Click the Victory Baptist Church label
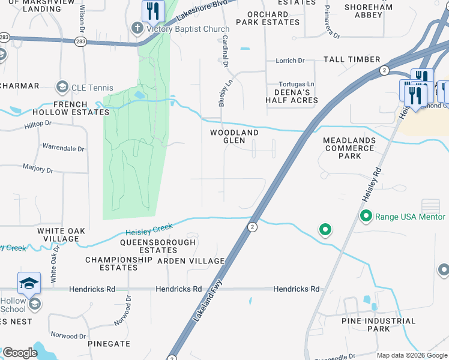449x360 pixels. [x=186, y=29]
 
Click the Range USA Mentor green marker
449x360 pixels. [x=365, y=215]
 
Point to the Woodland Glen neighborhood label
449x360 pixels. [x=234, y=136]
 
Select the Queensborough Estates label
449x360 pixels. [x=158, y=246]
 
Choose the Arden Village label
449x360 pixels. [x=191, y=261]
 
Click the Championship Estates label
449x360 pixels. [x=119, y=263]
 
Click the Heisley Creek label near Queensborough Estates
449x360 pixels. [x=149, y=229]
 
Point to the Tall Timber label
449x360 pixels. [x=352, y=59]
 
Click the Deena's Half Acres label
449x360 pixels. [x=291, y=96]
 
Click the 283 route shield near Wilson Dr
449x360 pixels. [x=80, y=41]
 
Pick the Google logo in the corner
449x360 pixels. [x=20, y=353]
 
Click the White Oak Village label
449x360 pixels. [x=61, y=235]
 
